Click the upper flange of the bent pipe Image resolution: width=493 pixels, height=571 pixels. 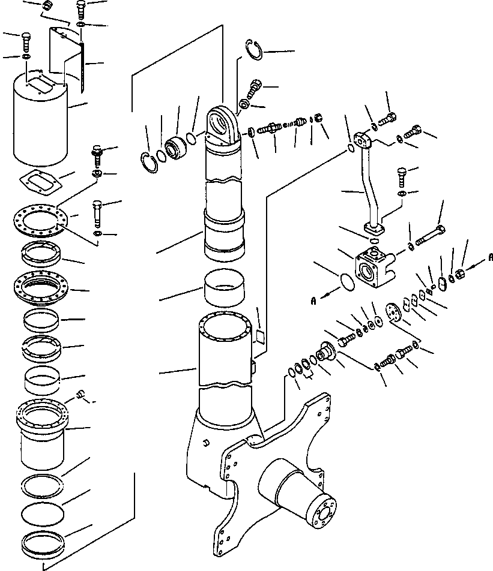(363, 141)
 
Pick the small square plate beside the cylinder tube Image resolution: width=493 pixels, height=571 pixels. (260, 336)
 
